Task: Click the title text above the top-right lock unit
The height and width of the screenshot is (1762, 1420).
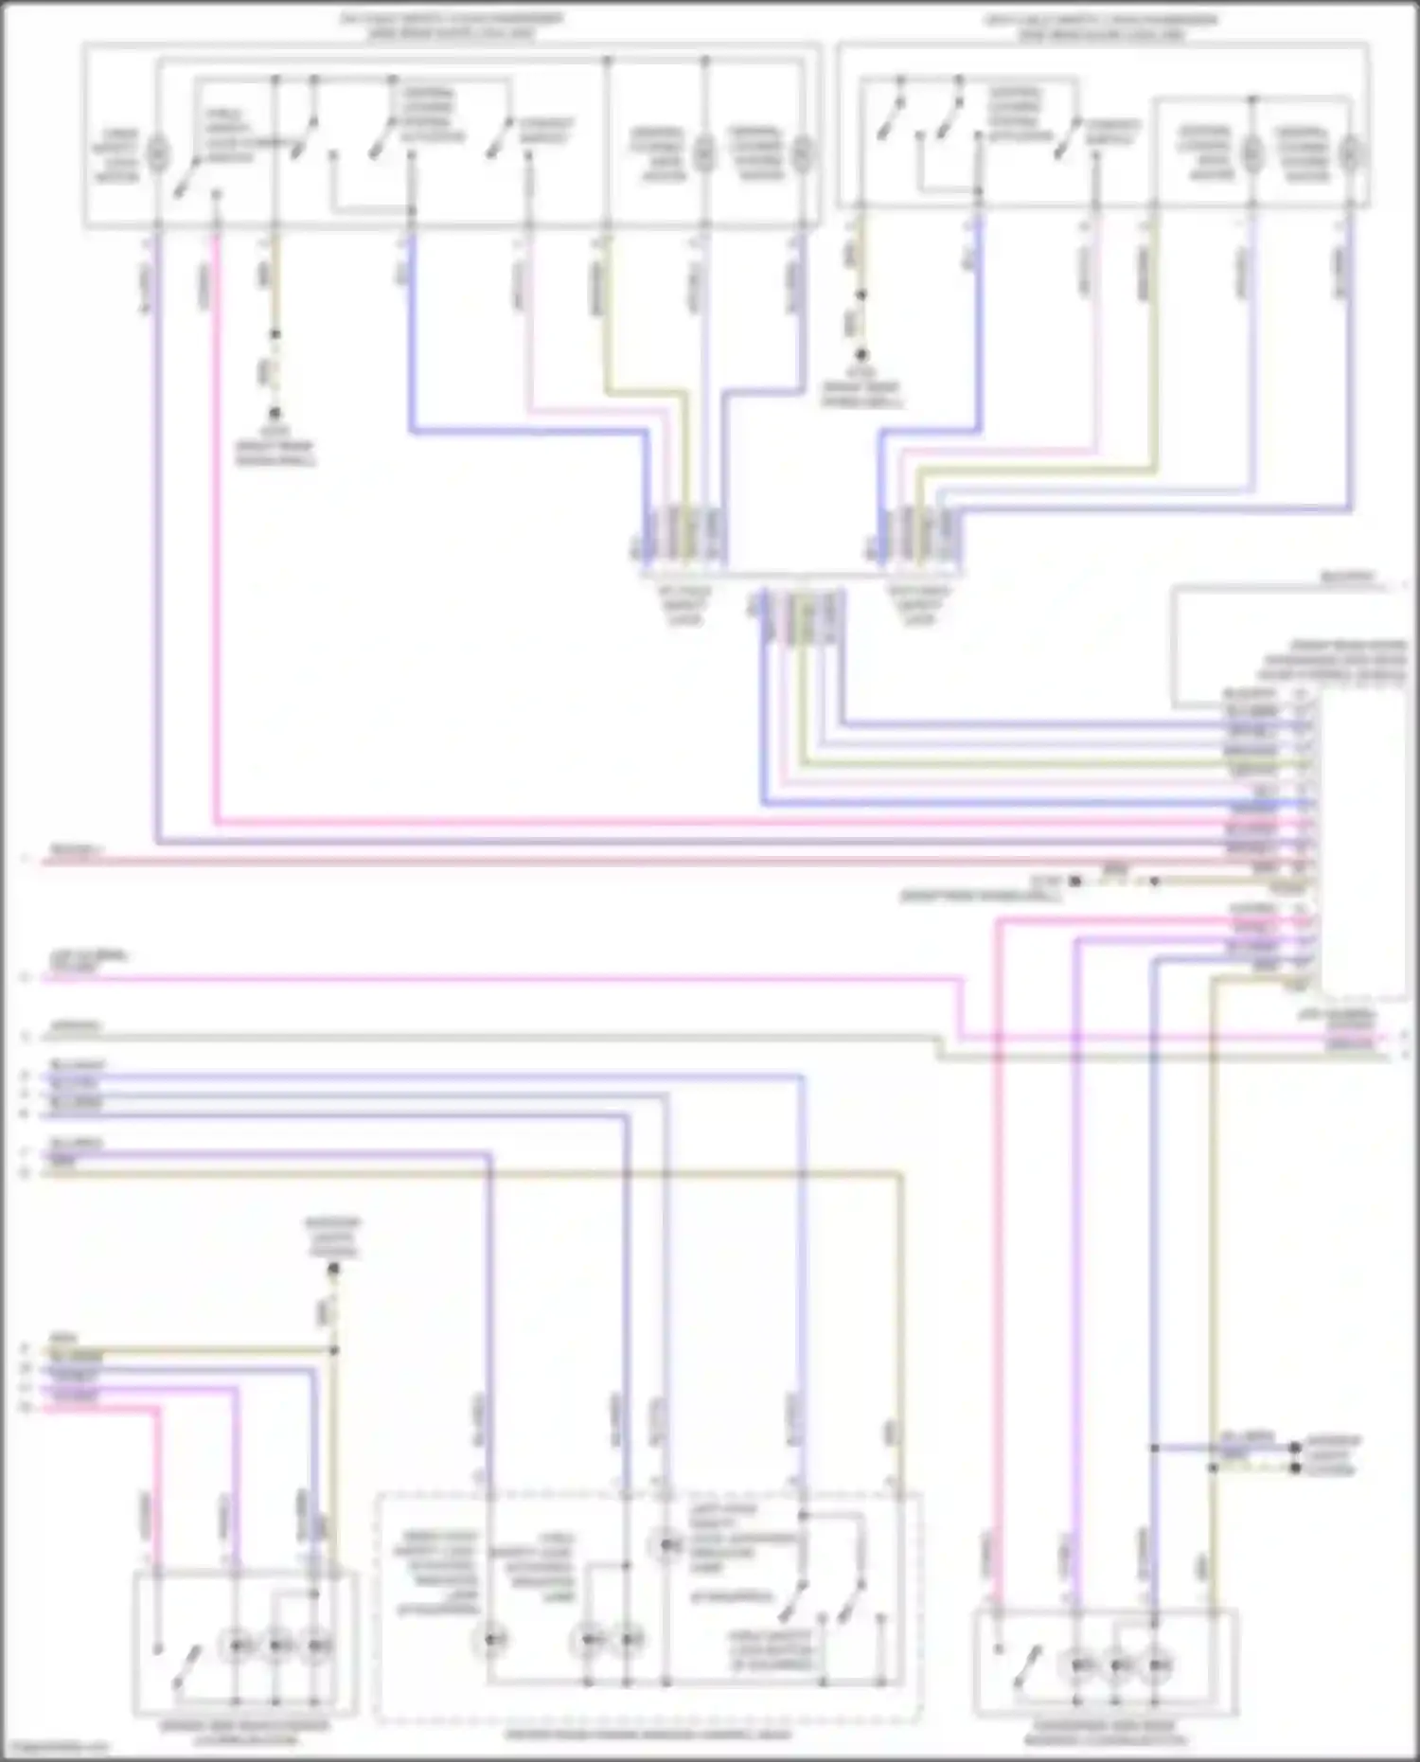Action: [1101, 27]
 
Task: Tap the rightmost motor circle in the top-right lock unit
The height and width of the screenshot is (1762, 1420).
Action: [1351, 151]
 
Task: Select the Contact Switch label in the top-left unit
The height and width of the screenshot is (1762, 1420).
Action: [545, 131]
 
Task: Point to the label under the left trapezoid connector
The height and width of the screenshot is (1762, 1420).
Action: [685, 605]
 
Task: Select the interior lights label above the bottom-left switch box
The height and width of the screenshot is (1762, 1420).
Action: [332, 1237]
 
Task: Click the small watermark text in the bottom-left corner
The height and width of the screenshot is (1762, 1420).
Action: [55, 1748]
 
